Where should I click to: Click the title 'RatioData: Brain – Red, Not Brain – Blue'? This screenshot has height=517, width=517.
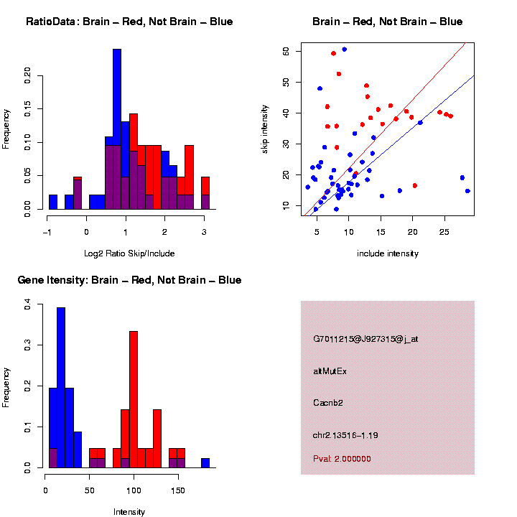129,22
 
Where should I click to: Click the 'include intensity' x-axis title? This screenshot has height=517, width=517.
388,253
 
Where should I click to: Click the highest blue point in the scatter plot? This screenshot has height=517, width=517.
345,50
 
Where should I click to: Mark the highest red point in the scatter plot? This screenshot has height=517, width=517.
334,53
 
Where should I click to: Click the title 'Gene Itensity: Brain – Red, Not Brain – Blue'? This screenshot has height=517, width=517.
129,280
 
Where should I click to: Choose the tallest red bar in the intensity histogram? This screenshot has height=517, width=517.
134,399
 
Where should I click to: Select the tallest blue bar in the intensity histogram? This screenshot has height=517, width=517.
61,388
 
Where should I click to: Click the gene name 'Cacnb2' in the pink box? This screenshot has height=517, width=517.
328,403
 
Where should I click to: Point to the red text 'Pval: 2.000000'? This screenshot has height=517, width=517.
342,458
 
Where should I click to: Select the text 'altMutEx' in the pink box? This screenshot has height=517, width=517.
330,371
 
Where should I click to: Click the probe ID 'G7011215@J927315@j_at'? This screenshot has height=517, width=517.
365,339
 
